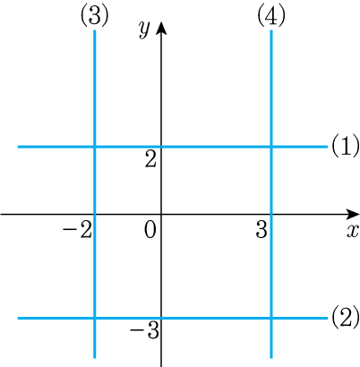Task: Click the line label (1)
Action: tap(345, 146)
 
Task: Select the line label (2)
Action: tap(345, 317)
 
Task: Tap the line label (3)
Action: tap(94, 15)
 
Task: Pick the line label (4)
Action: tap(271, 15)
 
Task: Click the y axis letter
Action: tap(144, 30)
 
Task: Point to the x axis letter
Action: tap(353, 230)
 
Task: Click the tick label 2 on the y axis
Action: tap(150, 159)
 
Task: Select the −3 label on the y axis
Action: tap(144, 330)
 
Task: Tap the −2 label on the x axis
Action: tap(77, 230)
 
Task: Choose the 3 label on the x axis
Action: tap(261, 230)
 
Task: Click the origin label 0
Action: tap(150, 230)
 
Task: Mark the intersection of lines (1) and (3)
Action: tap(95, 147)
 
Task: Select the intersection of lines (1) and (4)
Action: tap(271, 147)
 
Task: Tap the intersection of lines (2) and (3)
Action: tap(95, 318)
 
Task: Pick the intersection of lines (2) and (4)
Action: tap(271, 318)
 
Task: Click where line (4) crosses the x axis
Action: tap(271, 214)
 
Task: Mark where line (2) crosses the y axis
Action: tap(161, 318)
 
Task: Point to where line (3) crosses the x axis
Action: tap(95, 214)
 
